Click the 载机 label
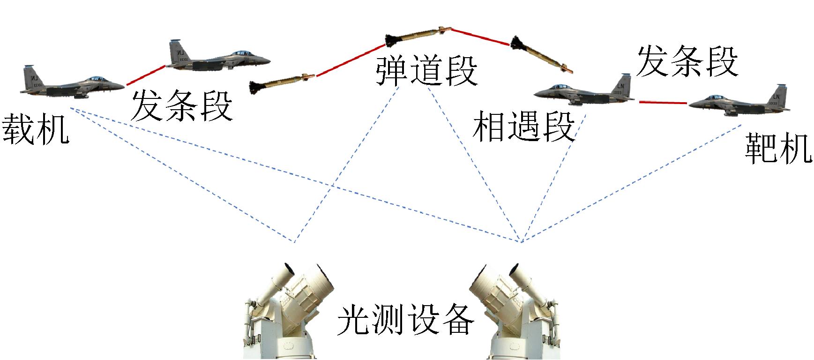pos(36,129)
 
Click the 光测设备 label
pos(406,320)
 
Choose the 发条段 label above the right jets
pos(687,61)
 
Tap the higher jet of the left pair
pos(218,57)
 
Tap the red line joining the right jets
pos(663,102)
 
